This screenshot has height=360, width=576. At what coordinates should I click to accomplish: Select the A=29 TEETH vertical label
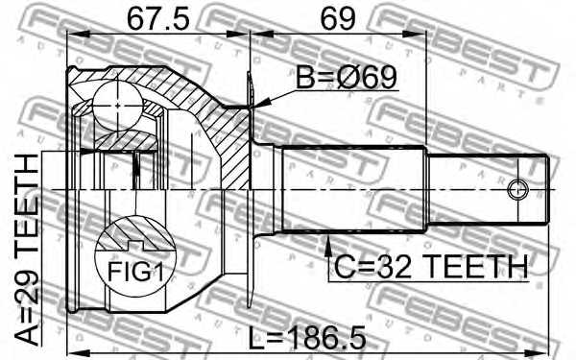click(x=29, y=249)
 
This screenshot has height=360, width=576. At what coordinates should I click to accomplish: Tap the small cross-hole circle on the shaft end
click(x=517, y=188)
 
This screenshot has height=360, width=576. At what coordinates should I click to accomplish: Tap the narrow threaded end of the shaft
click(x=490, y=188)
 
